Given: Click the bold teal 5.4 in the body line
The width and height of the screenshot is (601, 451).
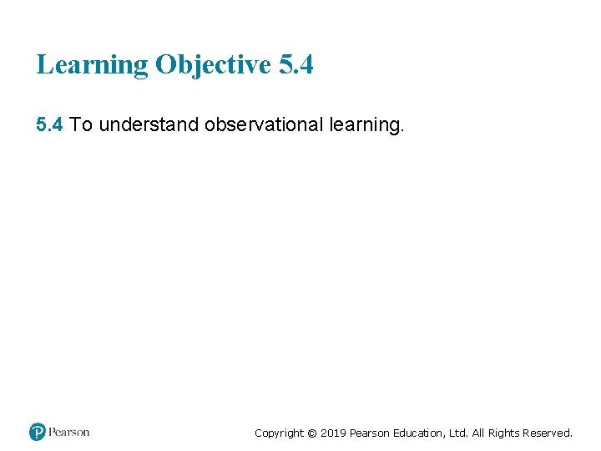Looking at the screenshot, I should pos(50,125).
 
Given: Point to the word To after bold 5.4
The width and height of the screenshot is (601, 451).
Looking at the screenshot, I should pos(81,125).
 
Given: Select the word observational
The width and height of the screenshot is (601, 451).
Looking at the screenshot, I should pos(266,125).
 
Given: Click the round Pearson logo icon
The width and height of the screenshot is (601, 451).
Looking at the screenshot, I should pos(38,432).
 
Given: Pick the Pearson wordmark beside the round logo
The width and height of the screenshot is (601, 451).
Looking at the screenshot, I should pos(69,432).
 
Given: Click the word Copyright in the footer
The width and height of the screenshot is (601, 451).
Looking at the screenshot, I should pos(279,433).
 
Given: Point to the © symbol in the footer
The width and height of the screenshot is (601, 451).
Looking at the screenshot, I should pos(312,433).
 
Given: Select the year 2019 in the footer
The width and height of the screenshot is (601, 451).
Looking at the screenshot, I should pos(333,433).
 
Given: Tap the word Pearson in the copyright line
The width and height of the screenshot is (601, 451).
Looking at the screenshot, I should pos(370,433).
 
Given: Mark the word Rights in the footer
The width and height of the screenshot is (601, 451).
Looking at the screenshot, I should pos(508,433).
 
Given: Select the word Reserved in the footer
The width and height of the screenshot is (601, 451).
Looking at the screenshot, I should pos(548,433).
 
